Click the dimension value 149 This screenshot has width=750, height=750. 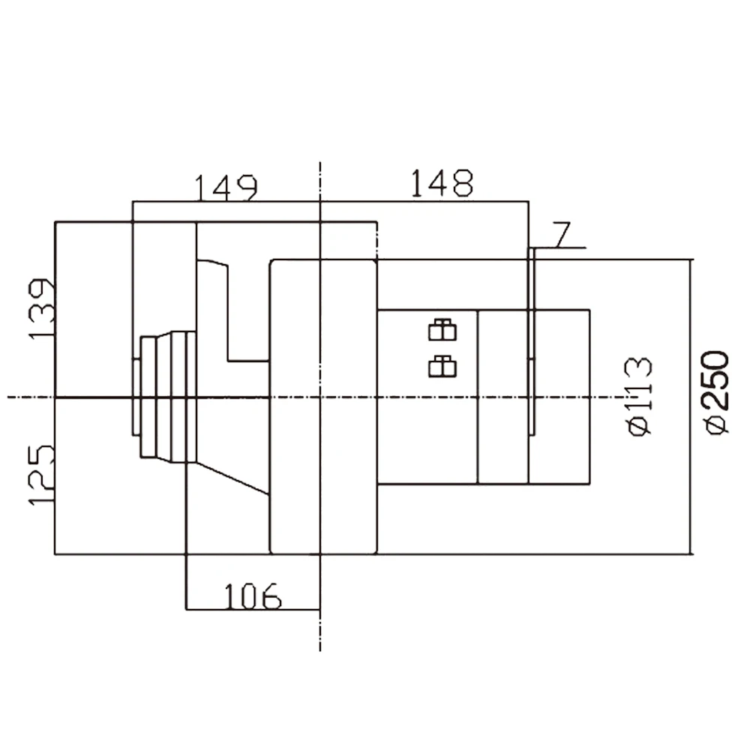(226, 187)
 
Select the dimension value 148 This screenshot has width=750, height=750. (442, 183)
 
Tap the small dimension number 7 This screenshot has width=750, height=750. (562, 235)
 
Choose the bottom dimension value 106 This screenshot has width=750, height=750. (252, 596)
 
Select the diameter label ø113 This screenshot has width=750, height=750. (638, 396)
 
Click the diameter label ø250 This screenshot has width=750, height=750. (716, 391)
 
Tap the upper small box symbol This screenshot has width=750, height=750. (442, 329)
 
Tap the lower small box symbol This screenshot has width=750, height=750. (442, 365)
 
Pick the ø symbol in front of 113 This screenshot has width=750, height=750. (638, 427)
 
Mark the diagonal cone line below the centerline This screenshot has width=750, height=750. (232, 478)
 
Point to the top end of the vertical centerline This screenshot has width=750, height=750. (320, 163)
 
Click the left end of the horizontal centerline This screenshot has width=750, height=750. (9, 397)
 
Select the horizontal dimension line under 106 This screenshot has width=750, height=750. (252, 610)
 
